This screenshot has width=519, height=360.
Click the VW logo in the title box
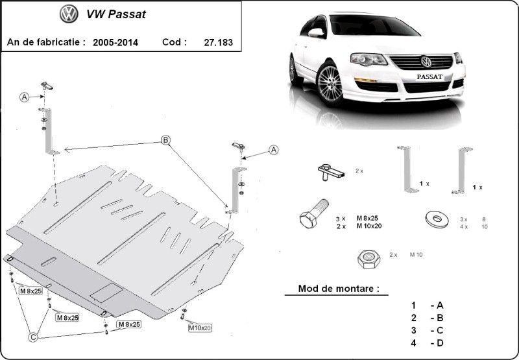pos(69,14)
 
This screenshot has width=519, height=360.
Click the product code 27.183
pos(219,42)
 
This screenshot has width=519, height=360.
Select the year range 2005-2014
pos(115,42)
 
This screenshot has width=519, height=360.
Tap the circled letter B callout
pos(165,140)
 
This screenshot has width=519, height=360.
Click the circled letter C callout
pos(33,337)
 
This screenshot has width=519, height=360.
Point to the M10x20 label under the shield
pos(200,328)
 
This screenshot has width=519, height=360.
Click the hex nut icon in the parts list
pos(368,258)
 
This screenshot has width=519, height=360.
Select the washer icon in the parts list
pos(437,219)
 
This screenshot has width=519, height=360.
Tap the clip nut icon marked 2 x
pos(332,172)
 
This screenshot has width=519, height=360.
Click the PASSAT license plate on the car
pos(429,77)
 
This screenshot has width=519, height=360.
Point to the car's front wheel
pos(330,84)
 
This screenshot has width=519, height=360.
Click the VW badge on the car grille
pos(426,62)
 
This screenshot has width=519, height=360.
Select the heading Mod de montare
pos(339,288)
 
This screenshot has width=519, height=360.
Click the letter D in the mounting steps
pos(440,343)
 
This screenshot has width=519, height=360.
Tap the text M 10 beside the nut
pos(416,254)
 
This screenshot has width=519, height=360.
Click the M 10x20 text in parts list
pos(369,226)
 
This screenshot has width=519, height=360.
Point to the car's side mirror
pos(317,32)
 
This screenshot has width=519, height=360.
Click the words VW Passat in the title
pos(116,14)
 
